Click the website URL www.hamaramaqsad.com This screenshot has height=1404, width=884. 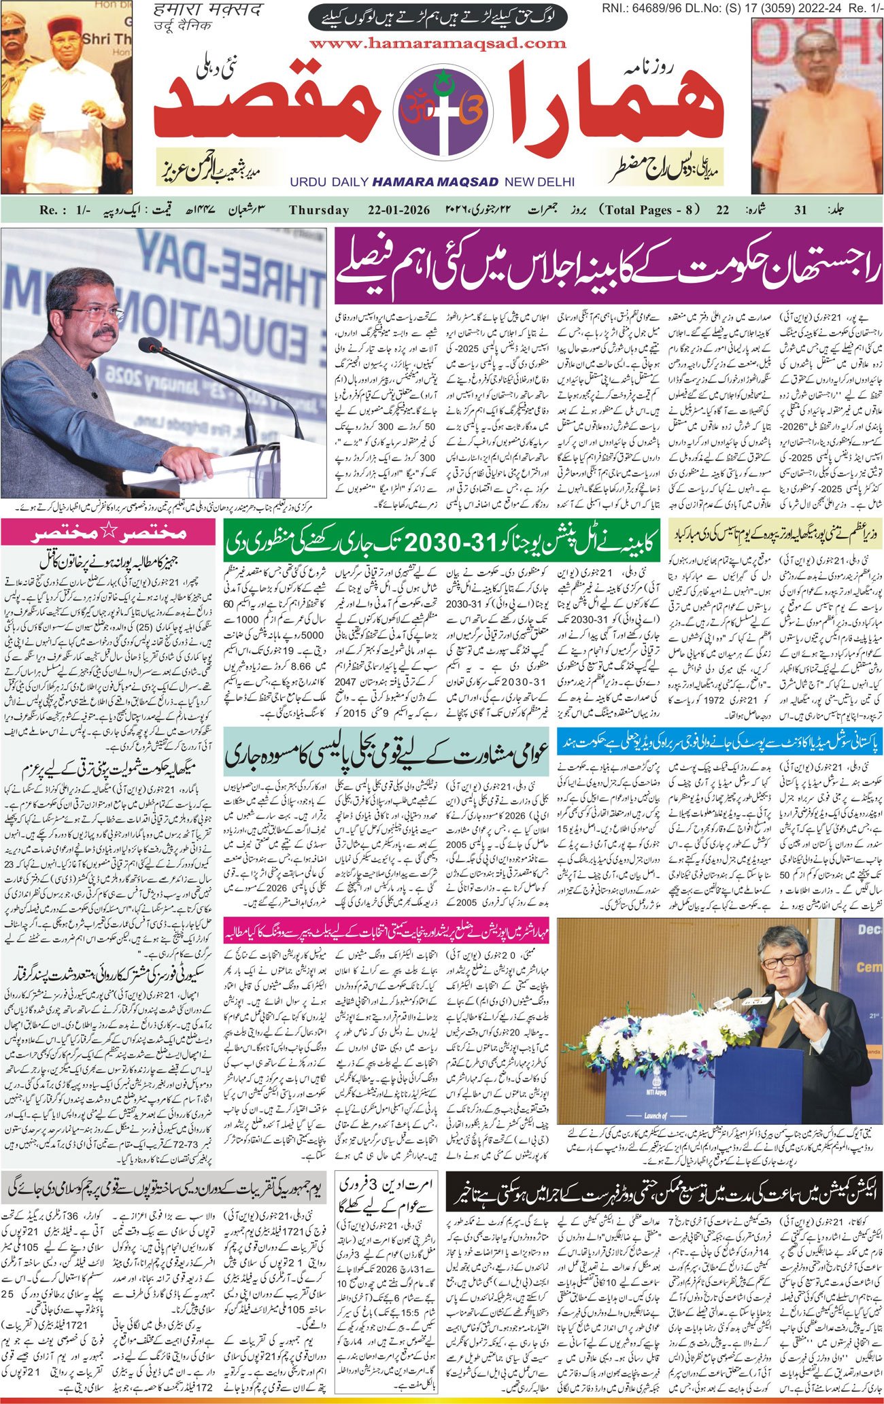tap(437, 44)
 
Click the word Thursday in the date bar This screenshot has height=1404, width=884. tap(319, 210)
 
